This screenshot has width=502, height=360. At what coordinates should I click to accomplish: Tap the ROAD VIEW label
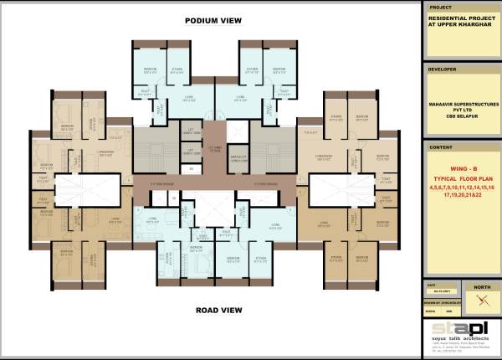click(x=218, y=310)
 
